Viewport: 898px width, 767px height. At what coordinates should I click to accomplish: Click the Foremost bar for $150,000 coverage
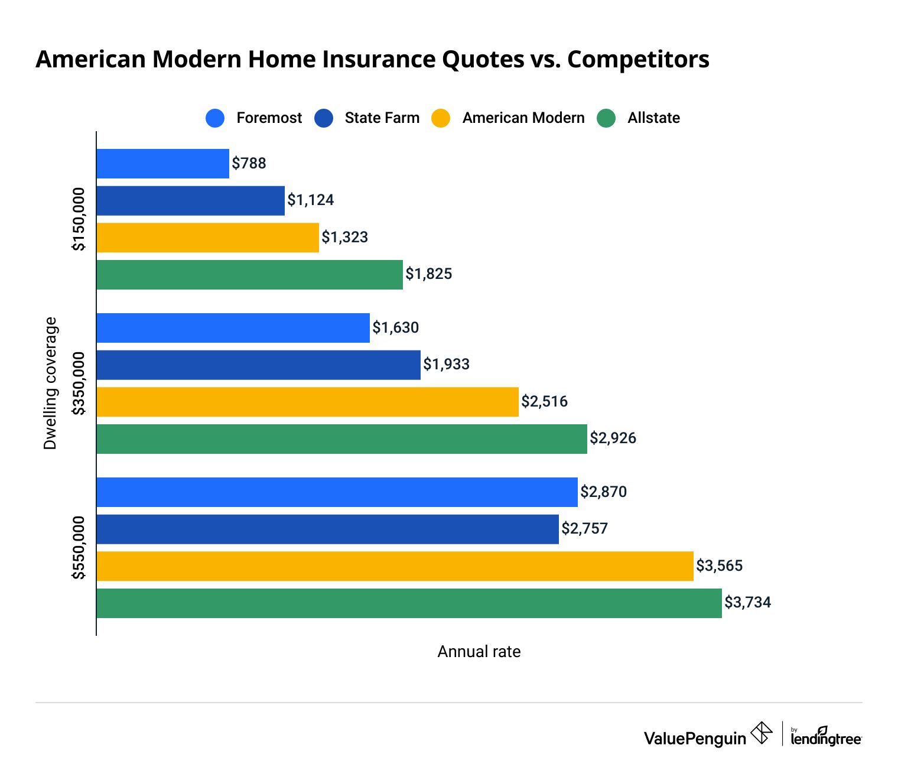click(162, 164)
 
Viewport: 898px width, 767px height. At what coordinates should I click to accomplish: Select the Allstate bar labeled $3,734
click(409, 603)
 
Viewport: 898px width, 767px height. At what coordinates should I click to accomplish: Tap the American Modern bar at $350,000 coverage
click(307, 402)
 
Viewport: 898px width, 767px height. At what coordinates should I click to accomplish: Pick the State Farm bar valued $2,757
click(327, 529)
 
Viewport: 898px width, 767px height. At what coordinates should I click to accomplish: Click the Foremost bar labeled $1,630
click(233, 328)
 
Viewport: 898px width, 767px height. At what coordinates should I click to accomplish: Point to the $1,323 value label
click(344, 238)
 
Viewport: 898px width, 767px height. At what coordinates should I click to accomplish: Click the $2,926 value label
click(613, 438)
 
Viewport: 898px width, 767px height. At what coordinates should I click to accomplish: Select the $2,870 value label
click(603, 492)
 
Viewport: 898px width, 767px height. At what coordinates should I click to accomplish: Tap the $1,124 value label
click(310, 200)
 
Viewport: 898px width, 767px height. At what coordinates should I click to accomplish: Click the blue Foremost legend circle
click(215, 118)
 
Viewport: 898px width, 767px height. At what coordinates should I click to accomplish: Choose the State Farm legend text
click(382, 118)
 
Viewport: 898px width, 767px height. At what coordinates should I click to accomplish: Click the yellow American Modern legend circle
click(441, 118)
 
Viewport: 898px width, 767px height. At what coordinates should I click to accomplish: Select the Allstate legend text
click(653, 118)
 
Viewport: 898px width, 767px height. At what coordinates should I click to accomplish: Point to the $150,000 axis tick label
click(79, 219)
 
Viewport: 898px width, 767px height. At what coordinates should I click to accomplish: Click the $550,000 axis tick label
click(79, 548)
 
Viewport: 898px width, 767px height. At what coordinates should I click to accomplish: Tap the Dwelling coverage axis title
click(50, 383)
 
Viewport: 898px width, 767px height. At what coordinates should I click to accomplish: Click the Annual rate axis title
click(479, 652)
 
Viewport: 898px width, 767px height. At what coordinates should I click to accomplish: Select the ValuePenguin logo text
click(695, 739)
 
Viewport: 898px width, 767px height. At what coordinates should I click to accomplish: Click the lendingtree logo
click(825, 736)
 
